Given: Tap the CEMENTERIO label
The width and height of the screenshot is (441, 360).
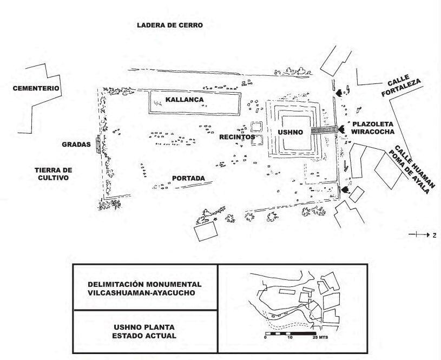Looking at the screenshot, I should [36, 88].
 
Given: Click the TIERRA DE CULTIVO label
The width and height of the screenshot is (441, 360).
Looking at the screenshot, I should [53, 173].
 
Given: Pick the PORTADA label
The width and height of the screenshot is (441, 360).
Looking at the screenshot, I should [188, 179].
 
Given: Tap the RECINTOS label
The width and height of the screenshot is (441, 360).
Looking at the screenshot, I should [236, 138].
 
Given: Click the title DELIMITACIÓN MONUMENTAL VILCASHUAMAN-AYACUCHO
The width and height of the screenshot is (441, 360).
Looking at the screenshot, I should [144, 289].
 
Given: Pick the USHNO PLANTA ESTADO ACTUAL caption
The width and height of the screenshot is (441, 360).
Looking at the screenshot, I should [144, 332].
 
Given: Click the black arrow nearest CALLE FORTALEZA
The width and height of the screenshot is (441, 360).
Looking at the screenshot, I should [339, 93].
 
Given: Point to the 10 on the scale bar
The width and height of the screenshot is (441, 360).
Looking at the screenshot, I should [289, 337].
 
